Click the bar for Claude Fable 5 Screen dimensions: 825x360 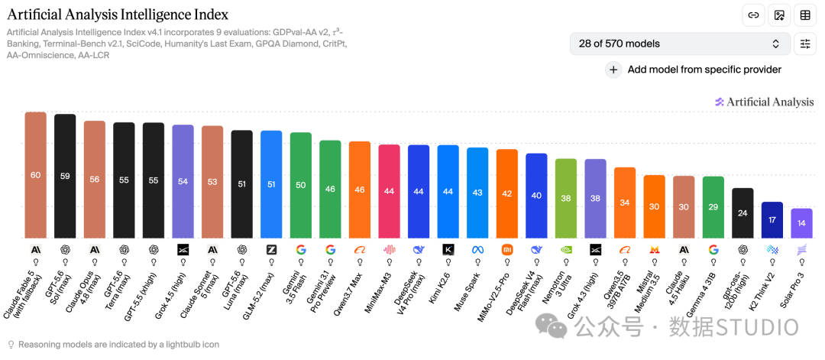pyautogui.click(x=36, y=175)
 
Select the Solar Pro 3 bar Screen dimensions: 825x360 pyautogui.click(x=801, y=224)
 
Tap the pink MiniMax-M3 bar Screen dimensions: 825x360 pyautogui.click(x=390, y=192)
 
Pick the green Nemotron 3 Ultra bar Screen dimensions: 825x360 pyautogui.click(x=565, y=199)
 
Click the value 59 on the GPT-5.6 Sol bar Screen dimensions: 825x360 pyautogui.click(x=65, y=177)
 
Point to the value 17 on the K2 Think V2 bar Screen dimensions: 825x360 pyautogui.click(x=772, y=220)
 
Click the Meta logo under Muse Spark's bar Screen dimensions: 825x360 pyautogui.click(x=477, y=249)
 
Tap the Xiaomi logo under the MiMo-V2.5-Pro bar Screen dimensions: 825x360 pyautogui.click(x=507, y=249)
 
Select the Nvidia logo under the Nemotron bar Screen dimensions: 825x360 pyautogui.click(x=566, y=249)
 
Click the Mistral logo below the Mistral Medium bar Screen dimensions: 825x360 pyautogui.click(x=655, y=249)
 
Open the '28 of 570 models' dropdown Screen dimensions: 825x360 pyautogui.click(x=680, y=44)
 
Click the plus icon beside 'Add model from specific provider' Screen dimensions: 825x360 pyautogui.click(x=613, y=70)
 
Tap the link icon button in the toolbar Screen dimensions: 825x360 pyautogui.click(x=753, y=15)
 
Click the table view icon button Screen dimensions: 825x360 pyautogui.click(x=805, y=15)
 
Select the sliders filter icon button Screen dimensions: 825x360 pyautogui.click(x=805, y=44)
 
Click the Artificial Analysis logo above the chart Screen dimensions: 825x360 pyautogui.click(x=764, y=102)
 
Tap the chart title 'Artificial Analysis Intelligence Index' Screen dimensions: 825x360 pyautogui.click(x=118, y=15)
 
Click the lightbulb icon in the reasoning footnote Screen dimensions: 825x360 pyautogui.click(x=11, y=345)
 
